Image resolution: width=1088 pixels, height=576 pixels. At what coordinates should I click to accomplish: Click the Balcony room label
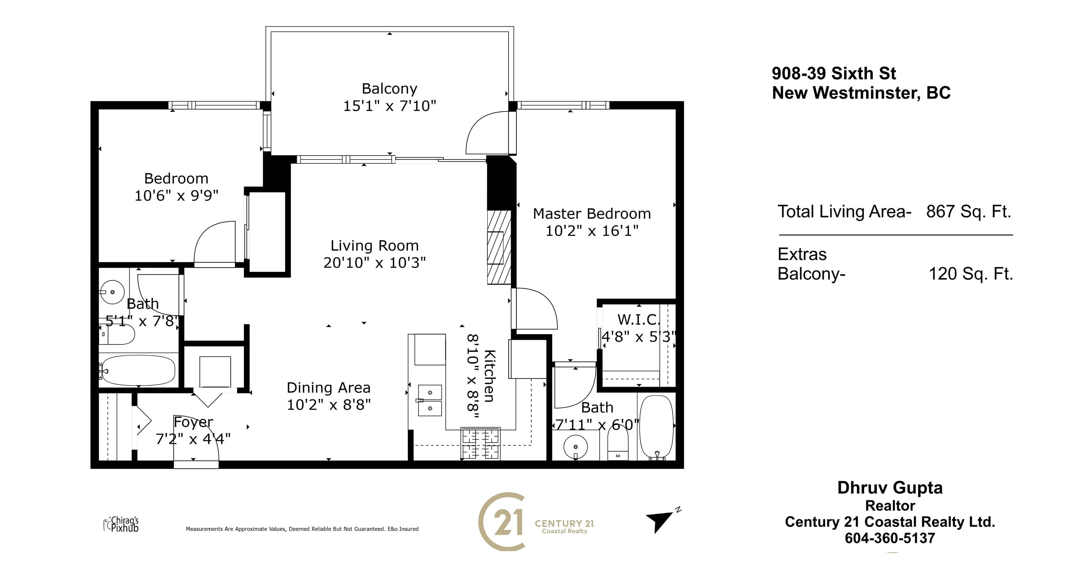tap(390, 89)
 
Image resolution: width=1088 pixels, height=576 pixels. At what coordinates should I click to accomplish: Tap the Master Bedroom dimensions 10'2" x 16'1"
tap(592, 231)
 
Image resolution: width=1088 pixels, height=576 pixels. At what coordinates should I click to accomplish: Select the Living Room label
tap(374, 246)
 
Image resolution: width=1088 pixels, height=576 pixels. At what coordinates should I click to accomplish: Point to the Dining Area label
tap(328, 387)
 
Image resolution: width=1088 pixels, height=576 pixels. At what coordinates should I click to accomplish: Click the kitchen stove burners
tap(481, 444)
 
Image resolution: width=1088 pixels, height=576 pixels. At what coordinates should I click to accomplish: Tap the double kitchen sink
tap(430, 400)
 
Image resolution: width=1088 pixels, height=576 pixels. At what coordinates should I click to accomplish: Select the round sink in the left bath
tap(112, 292)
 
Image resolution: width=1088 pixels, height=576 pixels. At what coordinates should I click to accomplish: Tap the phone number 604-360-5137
tap(890, 538)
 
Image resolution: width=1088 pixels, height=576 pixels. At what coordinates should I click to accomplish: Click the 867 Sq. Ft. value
tap(969, 211)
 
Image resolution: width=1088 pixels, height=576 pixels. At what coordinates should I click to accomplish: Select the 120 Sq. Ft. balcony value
tap(970, 274)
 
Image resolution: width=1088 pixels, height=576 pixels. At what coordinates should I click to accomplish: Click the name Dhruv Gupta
tap(890, 488)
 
